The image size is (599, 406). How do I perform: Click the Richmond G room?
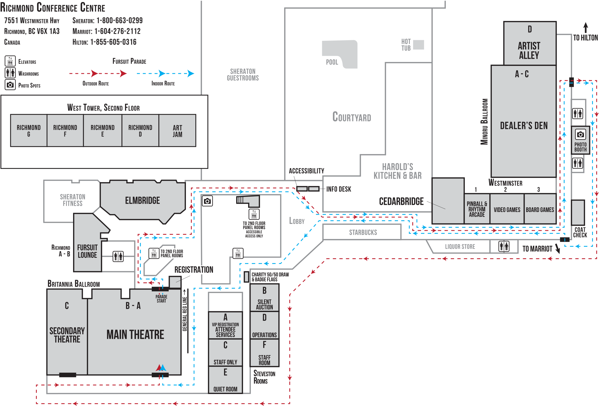[29, 130]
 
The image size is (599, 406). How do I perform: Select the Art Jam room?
[177, 130]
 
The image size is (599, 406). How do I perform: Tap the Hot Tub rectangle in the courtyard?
[418, 45]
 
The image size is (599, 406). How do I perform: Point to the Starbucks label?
[363, 232]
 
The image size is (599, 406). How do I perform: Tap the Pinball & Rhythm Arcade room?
[477, 209]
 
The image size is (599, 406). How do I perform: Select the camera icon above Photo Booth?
[580, 134]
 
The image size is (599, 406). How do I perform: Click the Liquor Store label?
[460, 247]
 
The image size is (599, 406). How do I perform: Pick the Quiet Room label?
[225, 389]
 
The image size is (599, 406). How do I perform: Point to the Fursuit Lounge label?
[87, 251]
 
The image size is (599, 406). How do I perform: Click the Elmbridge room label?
[142, 200]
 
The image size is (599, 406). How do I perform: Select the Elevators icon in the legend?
[10, 61]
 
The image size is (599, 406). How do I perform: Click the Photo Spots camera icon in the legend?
[10, 85]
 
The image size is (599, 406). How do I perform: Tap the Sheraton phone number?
[119, 20]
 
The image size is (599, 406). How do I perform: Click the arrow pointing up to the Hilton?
[585, 28]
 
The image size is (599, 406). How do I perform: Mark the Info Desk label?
[339, 189]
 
